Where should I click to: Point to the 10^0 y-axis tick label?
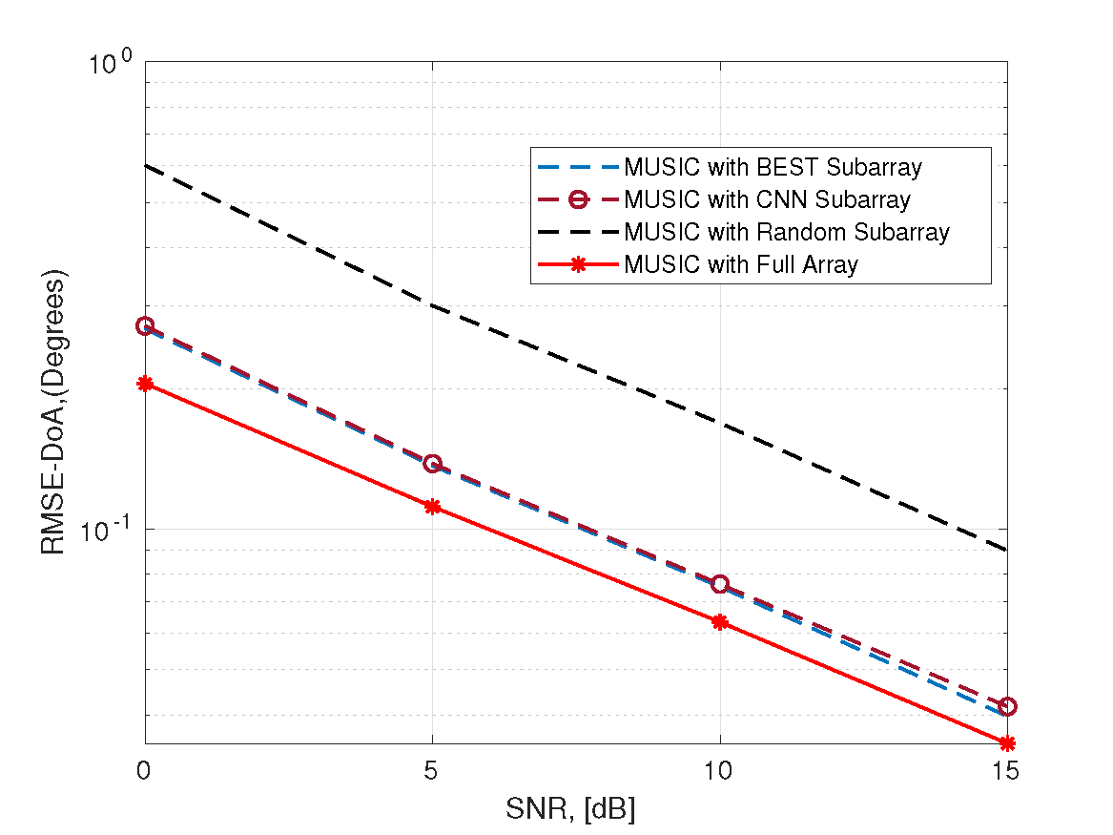point(111,65)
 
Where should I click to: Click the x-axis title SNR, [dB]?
point(570,810)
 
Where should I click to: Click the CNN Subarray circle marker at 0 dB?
point(145,326)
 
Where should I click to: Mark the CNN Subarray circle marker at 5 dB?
point(432,464)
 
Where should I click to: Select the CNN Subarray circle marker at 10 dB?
point(720,584)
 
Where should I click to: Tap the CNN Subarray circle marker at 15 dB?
point(1007,706)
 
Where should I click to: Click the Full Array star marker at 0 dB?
point(145,384)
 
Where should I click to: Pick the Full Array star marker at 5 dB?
point(432,507)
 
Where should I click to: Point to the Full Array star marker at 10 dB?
point(720,622)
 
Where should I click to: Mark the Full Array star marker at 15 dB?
point(1007,743)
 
